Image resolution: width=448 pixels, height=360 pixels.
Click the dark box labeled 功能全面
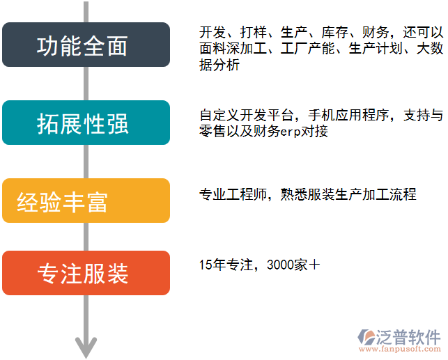(86, 45)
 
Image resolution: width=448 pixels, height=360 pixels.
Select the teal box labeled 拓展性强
(86, 123)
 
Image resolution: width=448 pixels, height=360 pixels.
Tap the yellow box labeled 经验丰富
(86, 201)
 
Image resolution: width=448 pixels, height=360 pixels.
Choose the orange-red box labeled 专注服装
(86, 273)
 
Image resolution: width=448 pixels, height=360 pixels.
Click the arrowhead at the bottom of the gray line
(86, 345)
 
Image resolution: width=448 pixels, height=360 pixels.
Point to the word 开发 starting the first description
(212, 33)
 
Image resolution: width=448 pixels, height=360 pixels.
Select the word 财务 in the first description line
(373, 33)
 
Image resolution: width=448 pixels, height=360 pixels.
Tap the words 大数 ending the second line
(429, 49)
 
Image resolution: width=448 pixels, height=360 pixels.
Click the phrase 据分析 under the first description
(219, 65)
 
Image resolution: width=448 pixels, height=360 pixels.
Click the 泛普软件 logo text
(412, 336)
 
